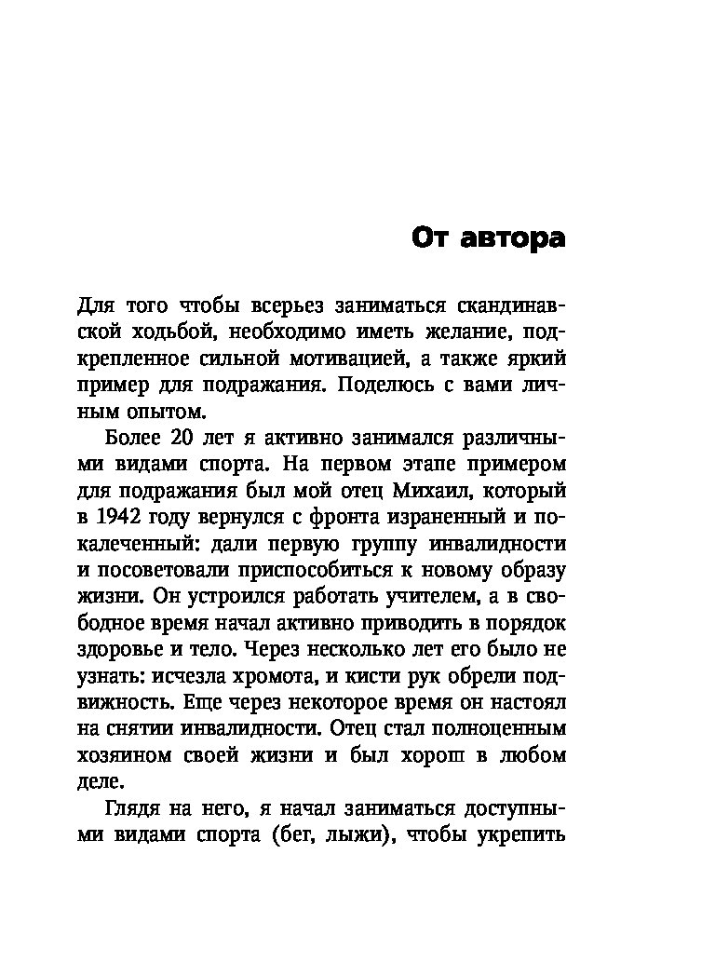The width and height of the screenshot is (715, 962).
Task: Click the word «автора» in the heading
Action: (x=513, y=238)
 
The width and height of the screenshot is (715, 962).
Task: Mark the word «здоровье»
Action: (x=115, y=645)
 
